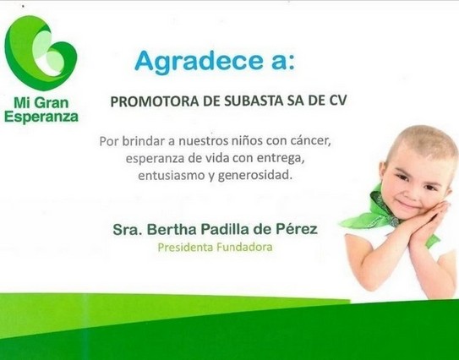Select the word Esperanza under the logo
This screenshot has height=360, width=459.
coord(41,117)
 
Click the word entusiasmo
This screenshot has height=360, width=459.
coord(171,176)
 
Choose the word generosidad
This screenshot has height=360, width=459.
coord(255,176)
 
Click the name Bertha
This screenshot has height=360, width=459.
coord(172,229)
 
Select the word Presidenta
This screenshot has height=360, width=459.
coord(185,248)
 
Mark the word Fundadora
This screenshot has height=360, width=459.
coord(244,248)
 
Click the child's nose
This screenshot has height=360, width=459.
coord(413,193)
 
